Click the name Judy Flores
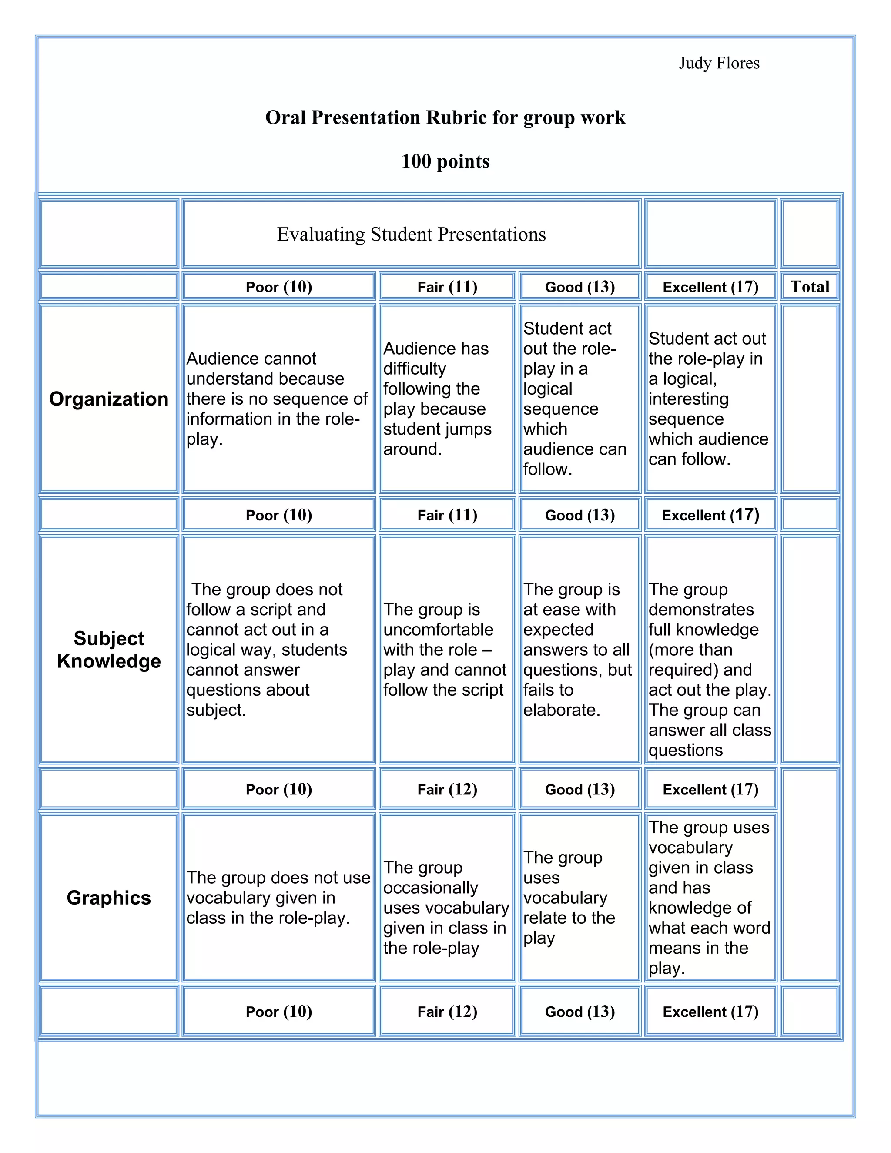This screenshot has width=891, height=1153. click(718, 64)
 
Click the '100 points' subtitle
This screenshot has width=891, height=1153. click(445, 161)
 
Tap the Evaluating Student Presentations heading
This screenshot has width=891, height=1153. click(411, 235)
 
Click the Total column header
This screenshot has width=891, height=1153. click(809, 287)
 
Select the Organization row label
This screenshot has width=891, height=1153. click(109, 399)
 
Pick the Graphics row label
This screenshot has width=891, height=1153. click(109, 898)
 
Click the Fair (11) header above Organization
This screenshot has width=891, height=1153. click(447, 287)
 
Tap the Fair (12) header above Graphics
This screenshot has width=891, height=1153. click(447, 789)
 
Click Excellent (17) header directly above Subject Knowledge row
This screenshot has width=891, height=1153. click(710, 515)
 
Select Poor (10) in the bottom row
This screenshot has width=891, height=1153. click(279, 1012)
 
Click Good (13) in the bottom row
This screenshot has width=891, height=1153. click(579, 1012)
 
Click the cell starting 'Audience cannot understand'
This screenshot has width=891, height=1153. click(277, 399)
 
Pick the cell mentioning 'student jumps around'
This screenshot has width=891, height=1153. click(446, 399)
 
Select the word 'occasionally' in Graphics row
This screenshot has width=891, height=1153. click(431, 888)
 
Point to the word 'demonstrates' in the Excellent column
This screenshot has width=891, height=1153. click(701, 610)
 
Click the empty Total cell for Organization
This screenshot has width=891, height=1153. click(809, 399)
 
